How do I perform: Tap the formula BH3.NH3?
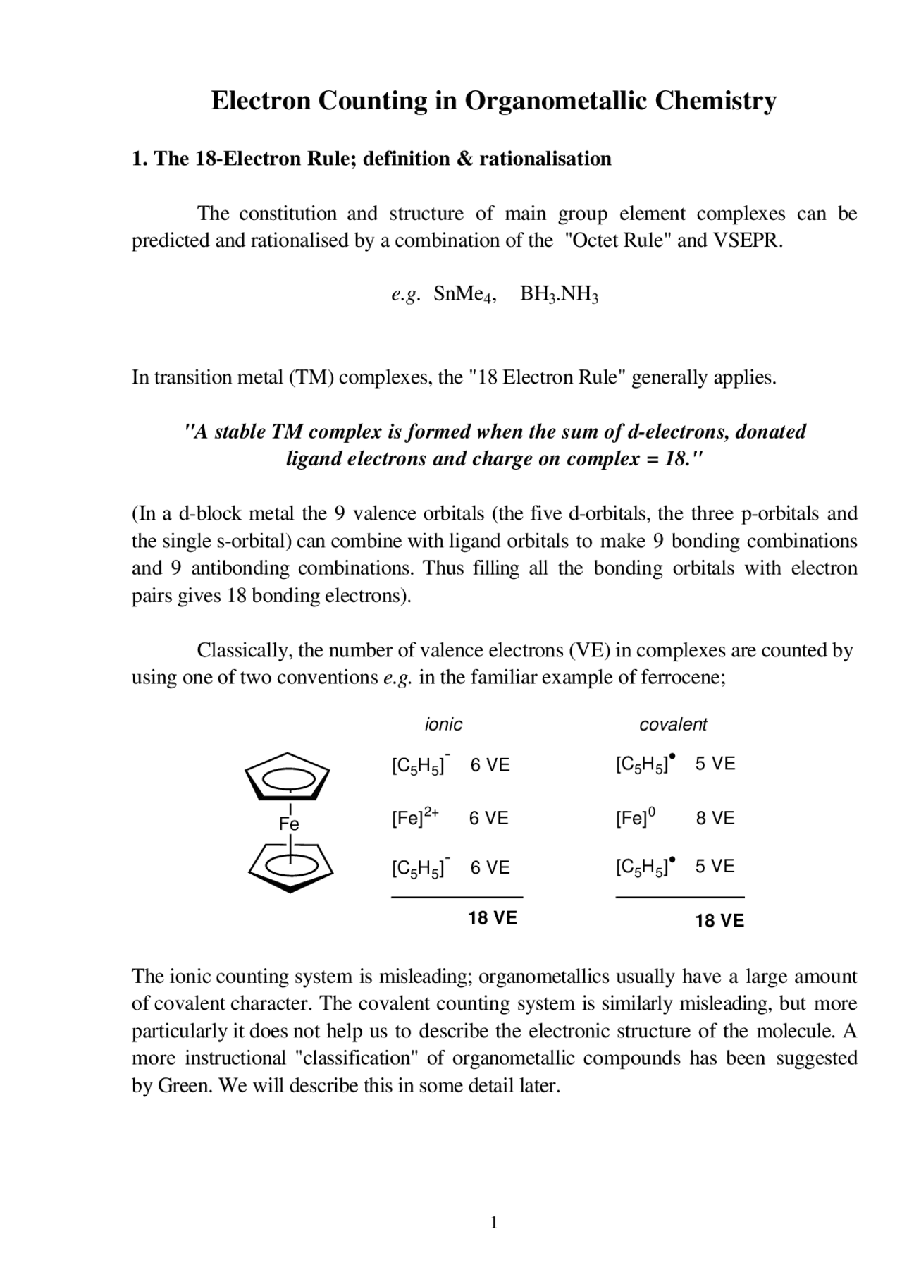point(559,294)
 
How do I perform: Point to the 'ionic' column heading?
point(443,724)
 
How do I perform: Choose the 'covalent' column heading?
point(673,724)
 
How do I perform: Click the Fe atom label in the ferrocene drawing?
point(289,824)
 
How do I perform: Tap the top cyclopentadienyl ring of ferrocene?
point(288,777)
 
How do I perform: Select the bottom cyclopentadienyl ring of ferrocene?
point(290,867)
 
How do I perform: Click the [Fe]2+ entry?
point(415,818)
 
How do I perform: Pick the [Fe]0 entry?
point(635,818)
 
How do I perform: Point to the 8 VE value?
point(715,818)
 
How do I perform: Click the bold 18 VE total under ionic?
point(493,917)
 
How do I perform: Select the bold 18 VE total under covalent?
point(719,920)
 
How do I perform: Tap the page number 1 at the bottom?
point(494,1222)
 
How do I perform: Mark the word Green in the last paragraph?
point(185,1085)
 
